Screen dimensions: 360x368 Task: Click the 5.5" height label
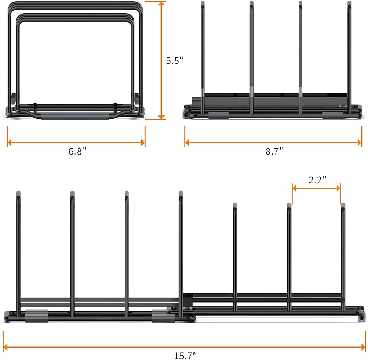pos(175,61)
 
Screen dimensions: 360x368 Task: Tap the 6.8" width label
pos(77,152)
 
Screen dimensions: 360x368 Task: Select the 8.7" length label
pos(274,152)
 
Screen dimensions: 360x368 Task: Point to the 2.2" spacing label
pos(317,181)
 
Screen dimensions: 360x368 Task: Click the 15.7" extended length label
pos(185,356)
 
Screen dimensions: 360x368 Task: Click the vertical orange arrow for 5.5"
pos(162,60)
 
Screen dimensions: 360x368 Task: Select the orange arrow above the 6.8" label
pos(76,143)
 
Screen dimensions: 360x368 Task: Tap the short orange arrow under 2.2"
pos(317,188)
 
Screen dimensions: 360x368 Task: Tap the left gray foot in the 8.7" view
pos(218,115)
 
